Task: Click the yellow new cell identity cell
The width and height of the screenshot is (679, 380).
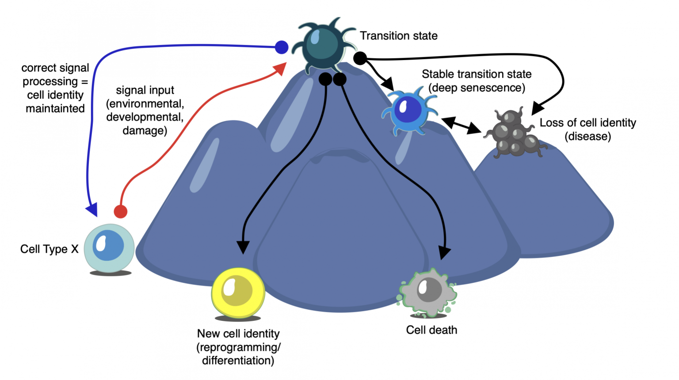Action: [238, 292]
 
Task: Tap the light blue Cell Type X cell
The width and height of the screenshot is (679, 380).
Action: [109, 248]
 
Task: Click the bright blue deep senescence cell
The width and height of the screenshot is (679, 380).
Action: [408, 111]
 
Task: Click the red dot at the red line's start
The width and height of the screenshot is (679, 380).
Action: [121, 212]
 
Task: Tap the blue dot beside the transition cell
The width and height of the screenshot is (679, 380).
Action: [282, 47]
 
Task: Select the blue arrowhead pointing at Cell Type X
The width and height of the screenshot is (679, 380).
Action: [92, 209]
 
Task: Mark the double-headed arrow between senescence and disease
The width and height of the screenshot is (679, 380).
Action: [461, 125]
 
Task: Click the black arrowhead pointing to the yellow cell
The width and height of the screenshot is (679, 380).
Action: [243, 247]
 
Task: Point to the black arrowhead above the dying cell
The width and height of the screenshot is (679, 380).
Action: [445, 252]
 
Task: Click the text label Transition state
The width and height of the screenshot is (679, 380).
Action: [398, 36]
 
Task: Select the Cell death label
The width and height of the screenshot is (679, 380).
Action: [431, 330]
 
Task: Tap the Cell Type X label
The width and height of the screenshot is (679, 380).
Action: [49, 249]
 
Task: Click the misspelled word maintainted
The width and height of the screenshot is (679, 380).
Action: [55, 109]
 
